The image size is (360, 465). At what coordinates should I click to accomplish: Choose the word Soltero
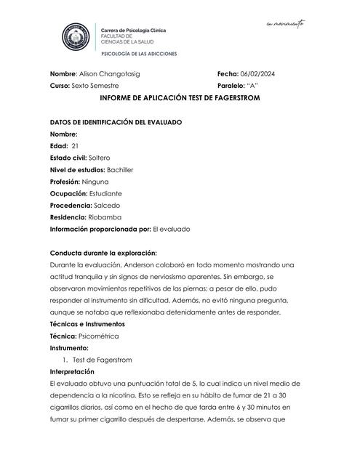pos(103,158)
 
